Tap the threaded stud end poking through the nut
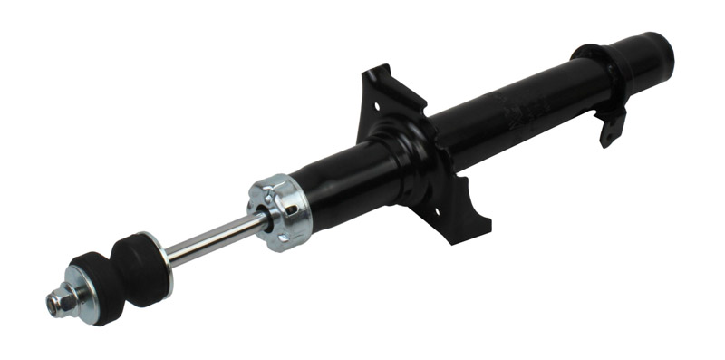point(52,303)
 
